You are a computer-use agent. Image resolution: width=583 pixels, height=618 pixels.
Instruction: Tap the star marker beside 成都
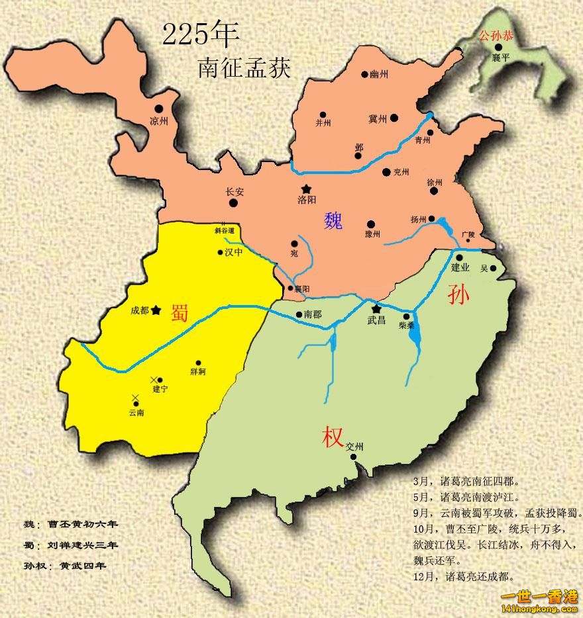pos(156,310)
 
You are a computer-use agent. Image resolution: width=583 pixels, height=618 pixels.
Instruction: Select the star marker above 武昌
pos(376,309)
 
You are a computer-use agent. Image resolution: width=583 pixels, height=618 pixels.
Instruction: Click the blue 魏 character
pos(333,220)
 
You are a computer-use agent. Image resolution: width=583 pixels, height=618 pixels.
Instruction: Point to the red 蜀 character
pos(180,312)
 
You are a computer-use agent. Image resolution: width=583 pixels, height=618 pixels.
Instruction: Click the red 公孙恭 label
pos(496,36)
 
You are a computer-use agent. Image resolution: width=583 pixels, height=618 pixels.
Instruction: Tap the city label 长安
pos(235,192)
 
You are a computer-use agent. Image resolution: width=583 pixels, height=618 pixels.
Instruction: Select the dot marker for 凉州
pos(158,109)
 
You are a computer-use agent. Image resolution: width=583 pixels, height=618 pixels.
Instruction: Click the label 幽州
pos(379,74)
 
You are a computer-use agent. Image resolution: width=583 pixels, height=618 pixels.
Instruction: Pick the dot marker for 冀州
pos(394,118)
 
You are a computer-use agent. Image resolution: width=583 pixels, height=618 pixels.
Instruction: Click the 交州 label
pos(355,447)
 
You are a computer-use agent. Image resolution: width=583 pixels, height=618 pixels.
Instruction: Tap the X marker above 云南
pos(136,397)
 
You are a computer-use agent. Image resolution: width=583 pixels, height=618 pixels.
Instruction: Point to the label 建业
pos(460,268)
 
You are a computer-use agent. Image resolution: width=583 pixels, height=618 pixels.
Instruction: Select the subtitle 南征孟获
pos(244,68)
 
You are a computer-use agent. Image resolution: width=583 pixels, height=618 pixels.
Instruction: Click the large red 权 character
pos(333,437)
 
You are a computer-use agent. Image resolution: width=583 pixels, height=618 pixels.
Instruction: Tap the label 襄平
pos(501,58)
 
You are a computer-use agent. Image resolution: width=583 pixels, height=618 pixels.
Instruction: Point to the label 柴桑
pos(407,327)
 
